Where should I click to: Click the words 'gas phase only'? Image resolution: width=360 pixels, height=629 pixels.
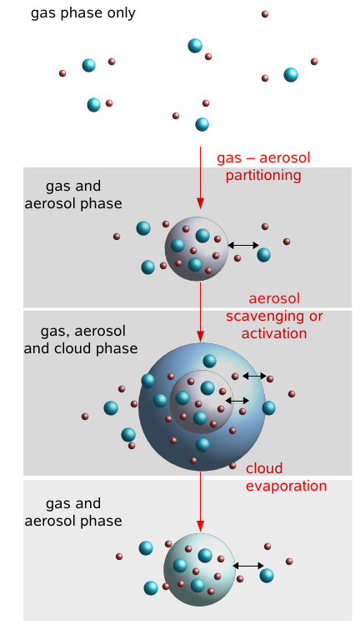point(83,13)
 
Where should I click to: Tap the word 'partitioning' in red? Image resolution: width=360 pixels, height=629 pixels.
point(263,175)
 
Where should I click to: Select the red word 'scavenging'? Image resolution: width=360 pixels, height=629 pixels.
point(263,317)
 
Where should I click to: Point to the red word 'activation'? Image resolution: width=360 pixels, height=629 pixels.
point(274,333)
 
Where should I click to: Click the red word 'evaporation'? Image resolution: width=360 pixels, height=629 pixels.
point(286,486)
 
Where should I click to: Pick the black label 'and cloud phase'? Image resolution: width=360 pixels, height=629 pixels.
point(81,348)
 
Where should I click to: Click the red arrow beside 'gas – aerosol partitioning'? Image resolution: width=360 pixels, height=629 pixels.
point(201,177)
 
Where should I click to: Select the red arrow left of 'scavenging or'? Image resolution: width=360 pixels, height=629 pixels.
point(201,312)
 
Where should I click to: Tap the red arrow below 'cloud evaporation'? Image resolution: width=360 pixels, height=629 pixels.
point(201,502)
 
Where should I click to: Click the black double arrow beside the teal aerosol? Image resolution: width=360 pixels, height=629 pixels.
point(248,566)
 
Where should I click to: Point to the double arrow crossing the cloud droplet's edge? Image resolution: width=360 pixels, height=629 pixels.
point(254,376)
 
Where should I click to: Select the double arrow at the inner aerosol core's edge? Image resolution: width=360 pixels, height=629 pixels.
point(237,401)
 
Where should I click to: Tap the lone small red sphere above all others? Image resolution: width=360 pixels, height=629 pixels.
point(265,14)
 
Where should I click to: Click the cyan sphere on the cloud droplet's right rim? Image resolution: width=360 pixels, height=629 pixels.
point(269,408)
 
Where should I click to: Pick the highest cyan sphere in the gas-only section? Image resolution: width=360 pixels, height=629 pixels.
point(195,46)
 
